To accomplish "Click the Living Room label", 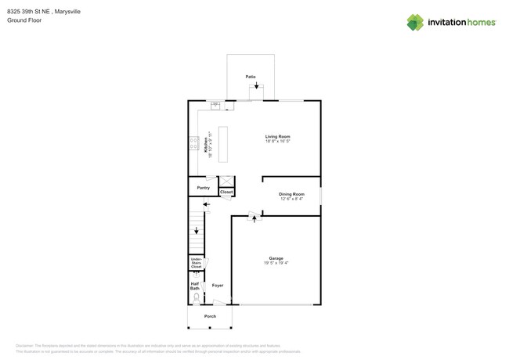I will [x=277, y=136].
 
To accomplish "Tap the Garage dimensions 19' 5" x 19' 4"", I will [x=276, y=263].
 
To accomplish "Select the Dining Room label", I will [x=291, y=193].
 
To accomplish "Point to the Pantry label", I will [x=203, y=188].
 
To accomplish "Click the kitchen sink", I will [x=215, y=105].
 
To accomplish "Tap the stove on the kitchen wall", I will [x=193, y=143].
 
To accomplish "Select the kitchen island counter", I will [x=223, y=144].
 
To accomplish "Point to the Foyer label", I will [x=217, y=285].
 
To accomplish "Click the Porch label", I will [x=210, y=316].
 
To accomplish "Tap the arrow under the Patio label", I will [x=256, y=85].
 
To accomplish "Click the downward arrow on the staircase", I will [x=197, y=231].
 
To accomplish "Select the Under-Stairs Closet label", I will [x=196, y=263].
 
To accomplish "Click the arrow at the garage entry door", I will [x=254, y=219].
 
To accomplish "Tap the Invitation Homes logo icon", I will [x=415, y=22].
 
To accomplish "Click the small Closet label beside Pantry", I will [x=226, y=192].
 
